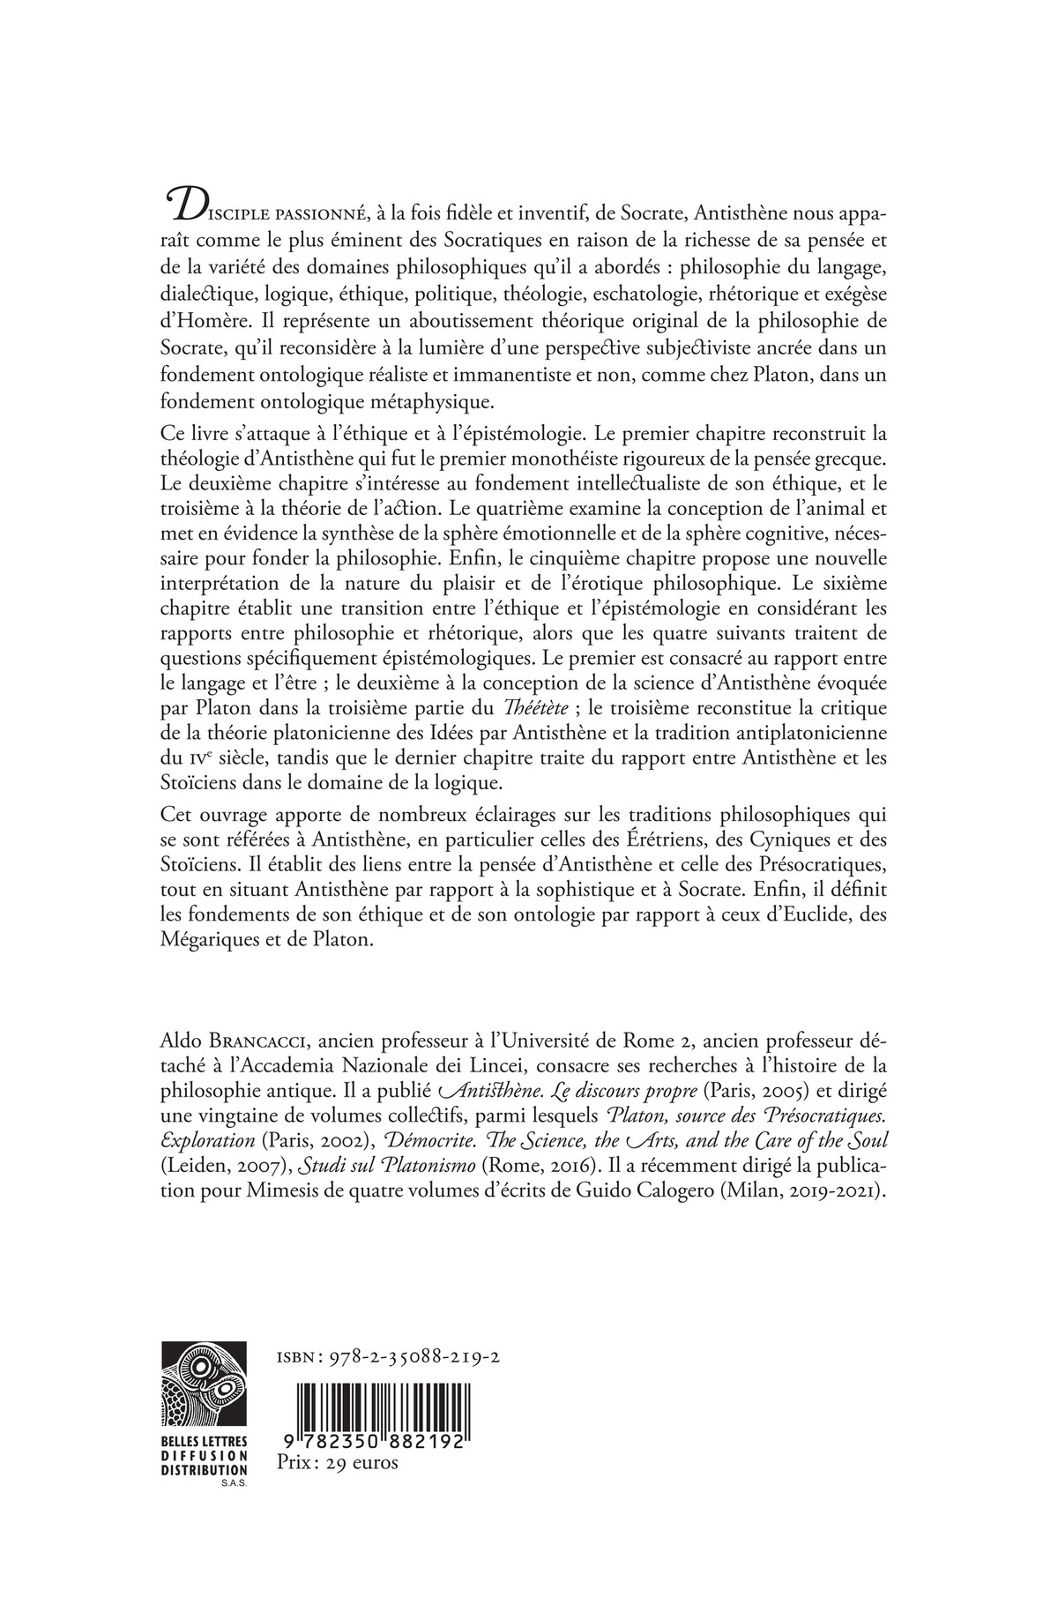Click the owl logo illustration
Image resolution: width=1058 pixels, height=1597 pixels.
click(205, 1382)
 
